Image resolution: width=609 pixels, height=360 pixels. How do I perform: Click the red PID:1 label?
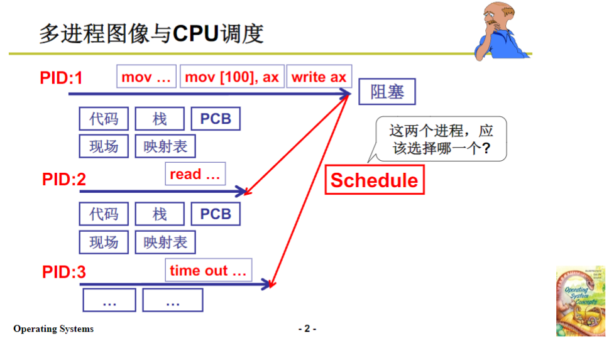pos(62,78)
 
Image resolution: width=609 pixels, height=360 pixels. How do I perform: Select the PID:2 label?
pos(64,180)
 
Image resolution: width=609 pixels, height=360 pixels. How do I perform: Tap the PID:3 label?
pos(64,272)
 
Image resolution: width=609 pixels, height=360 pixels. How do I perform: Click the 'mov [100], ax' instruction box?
pos(232,77)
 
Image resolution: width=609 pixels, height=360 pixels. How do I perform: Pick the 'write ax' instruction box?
pos(319,77)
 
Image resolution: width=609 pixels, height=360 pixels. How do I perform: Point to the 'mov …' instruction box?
pos(146,77)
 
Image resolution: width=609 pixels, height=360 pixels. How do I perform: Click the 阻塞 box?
pos(387,93)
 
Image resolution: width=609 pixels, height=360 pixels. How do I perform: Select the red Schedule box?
pos(374,180)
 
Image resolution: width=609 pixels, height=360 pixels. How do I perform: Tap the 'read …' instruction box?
pos(195,174)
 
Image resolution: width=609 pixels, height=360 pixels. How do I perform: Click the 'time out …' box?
pos(208,271)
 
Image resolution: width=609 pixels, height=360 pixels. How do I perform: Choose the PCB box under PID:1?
pos(216,119)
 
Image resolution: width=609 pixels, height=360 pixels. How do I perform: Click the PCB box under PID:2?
pos(216,214)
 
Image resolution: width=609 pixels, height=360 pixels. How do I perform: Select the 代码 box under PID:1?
pos(104,119)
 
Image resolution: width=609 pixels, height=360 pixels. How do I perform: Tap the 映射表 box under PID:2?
pos(165,242)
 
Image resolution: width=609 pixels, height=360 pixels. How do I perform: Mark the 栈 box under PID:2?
pos(160,214)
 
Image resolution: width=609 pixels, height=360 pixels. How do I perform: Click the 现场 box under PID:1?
pos(104,146)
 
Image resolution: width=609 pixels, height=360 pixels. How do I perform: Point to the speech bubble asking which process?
pos(439,139)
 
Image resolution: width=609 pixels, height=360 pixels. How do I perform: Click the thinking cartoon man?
pos(502,30)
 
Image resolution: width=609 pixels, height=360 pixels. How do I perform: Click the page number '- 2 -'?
pos(307,329)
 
